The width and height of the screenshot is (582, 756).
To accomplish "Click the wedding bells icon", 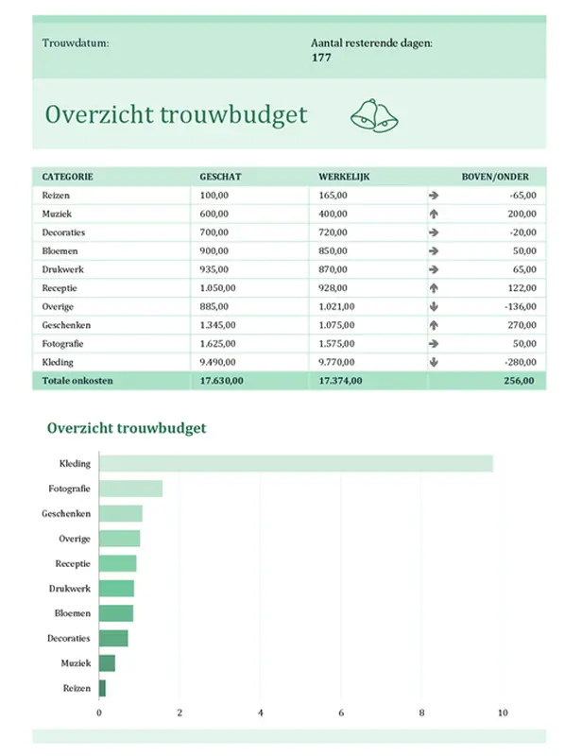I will pyautogui.click(x=374, y=115).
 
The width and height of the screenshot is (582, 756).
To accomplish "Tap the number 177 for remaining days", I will pyautogui.click(x=321, y=58).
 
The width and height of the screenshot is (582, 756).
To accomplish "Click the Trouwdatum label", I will pyautogui.click(x=76, y=43).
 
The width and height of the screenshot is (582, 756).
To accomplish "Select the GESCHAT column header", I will pyautogui.click(x=220, y=177).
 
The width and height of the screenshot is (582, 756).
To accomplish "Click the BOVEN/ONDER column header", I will pyautogui.click(x=494, y=177).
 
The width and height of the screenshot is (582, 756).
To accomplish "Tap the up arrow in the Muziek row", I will pyautogui.click(x=434, y=214).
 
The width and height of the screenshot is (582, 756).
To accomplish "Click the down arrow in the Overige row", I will pyautogui.click(x=434, y=306).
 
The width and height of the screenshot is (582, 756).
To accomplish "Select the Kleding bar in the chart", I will pyautogui.click(x=296, y=463).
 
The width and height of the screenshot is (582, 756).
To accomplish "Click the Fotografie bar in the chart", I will pyautogui.click(x=130, y=489).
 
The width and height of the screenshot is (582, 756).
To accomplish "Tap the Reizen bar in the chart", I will pyautogui.click(x=102, y=689).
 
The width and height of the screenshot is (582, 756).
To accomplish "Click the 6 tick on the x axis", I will pyautogui.click(x=341, y=713).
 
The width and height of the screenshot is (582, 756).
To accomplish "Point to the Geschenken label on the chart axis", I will pyautogui.click(x=66, y=513).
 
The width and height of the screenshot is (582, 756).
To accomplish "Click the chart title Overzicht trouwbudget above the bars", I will pyautogui.click(x=127, y=428).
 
